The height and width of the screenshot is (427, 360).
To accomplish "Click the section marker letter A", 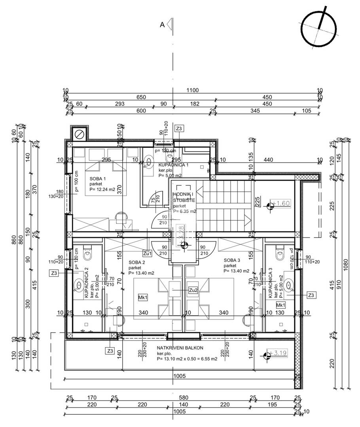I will tap(162, 25).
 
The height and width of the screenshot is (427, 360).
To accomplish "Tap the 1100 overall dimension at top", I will tap(192, 91).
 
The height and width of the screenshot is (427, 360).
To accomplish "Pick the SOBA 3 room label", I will tap(232, 260).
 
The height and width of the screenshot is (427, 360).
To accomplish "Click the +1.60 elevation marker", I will tap(282, 204).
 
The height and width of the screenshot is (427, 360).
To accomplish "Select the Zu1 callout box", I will tap(148, 253).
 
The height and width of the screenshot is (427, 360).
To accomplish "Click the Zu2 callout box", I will tap(193, 291).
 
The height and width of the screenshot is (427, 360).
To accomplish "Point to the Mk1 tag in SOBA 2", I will tap(143, 298).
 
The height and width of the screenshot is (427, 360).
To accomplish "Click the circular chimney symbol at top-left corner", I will tap(79, 134).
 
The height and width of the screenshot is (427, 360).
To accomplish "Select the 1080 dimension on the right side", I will tap(345, 261).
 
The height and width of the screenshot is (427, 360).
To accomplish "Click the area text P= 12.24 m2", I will tap(102, 189).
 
